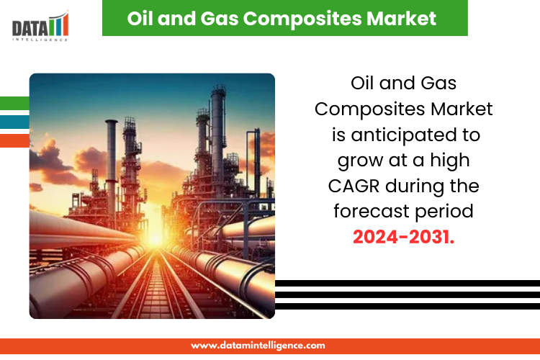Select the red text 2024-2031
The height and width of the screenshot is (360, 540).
pyautogui.click(x=404, y=237)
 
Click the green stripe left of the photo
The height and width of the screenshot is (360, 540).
pyautogui.click(x=14, y=103)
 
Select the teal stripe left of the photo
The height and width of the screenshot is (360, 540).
pyautogui.click(x=14, y=122)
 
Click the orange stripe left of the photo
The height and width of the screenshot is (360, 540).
pyautogui.click(x=14, y=141)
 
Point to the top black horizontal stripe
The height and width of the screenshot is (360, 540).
pyautogui.click(x=408, y=283)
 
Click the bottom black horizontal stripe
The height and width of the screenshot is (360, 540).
pyautogui.click(x=408, y=307)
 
